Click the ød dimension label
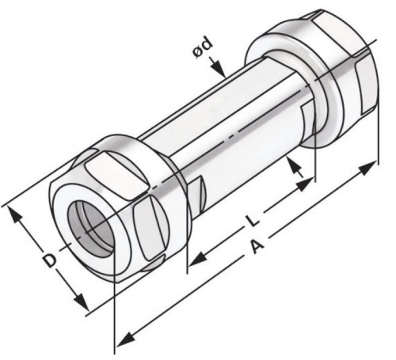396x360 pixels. click(x=203, y=48)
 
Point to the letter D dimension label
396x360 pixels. click(x=50, y=260)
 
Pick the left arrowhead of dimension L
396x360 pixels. click(x=198, y=259)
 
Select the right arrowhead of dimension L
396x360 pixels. click(x=305, y=185)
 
